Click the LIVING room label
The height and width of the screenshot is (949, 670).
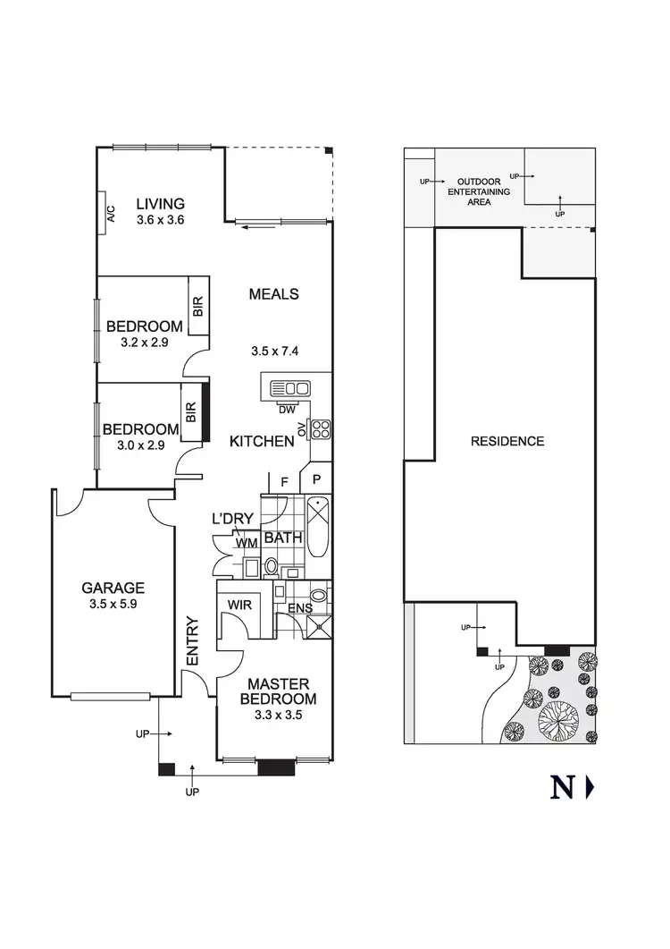coord(160,203)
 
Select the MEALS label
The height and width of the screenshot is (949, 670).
coord(273,293)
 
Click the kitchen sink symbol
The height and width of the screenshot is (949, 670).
coord(290,388)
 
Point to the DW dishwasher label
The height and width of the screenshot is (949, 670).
coord(287,410)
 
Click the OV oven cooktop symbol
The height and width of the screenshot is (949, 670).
coord(320,428)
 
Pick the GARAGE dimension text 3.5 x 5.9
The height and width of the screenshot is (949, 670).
coord(113,605)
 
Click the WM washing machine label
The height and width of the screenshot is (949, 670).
coord(247,543)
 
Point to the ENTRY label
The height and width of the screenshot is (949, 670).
coord(191,641)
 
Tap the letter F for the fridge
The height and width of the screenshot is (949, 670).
coord(283,482)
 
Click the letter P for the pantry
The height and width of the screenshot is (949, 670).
coord(315,482)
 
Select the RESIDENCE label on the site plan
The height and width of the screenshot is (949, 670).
coord(507,441)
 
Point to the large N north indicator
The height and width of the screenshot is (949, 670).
coord(561,788)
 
